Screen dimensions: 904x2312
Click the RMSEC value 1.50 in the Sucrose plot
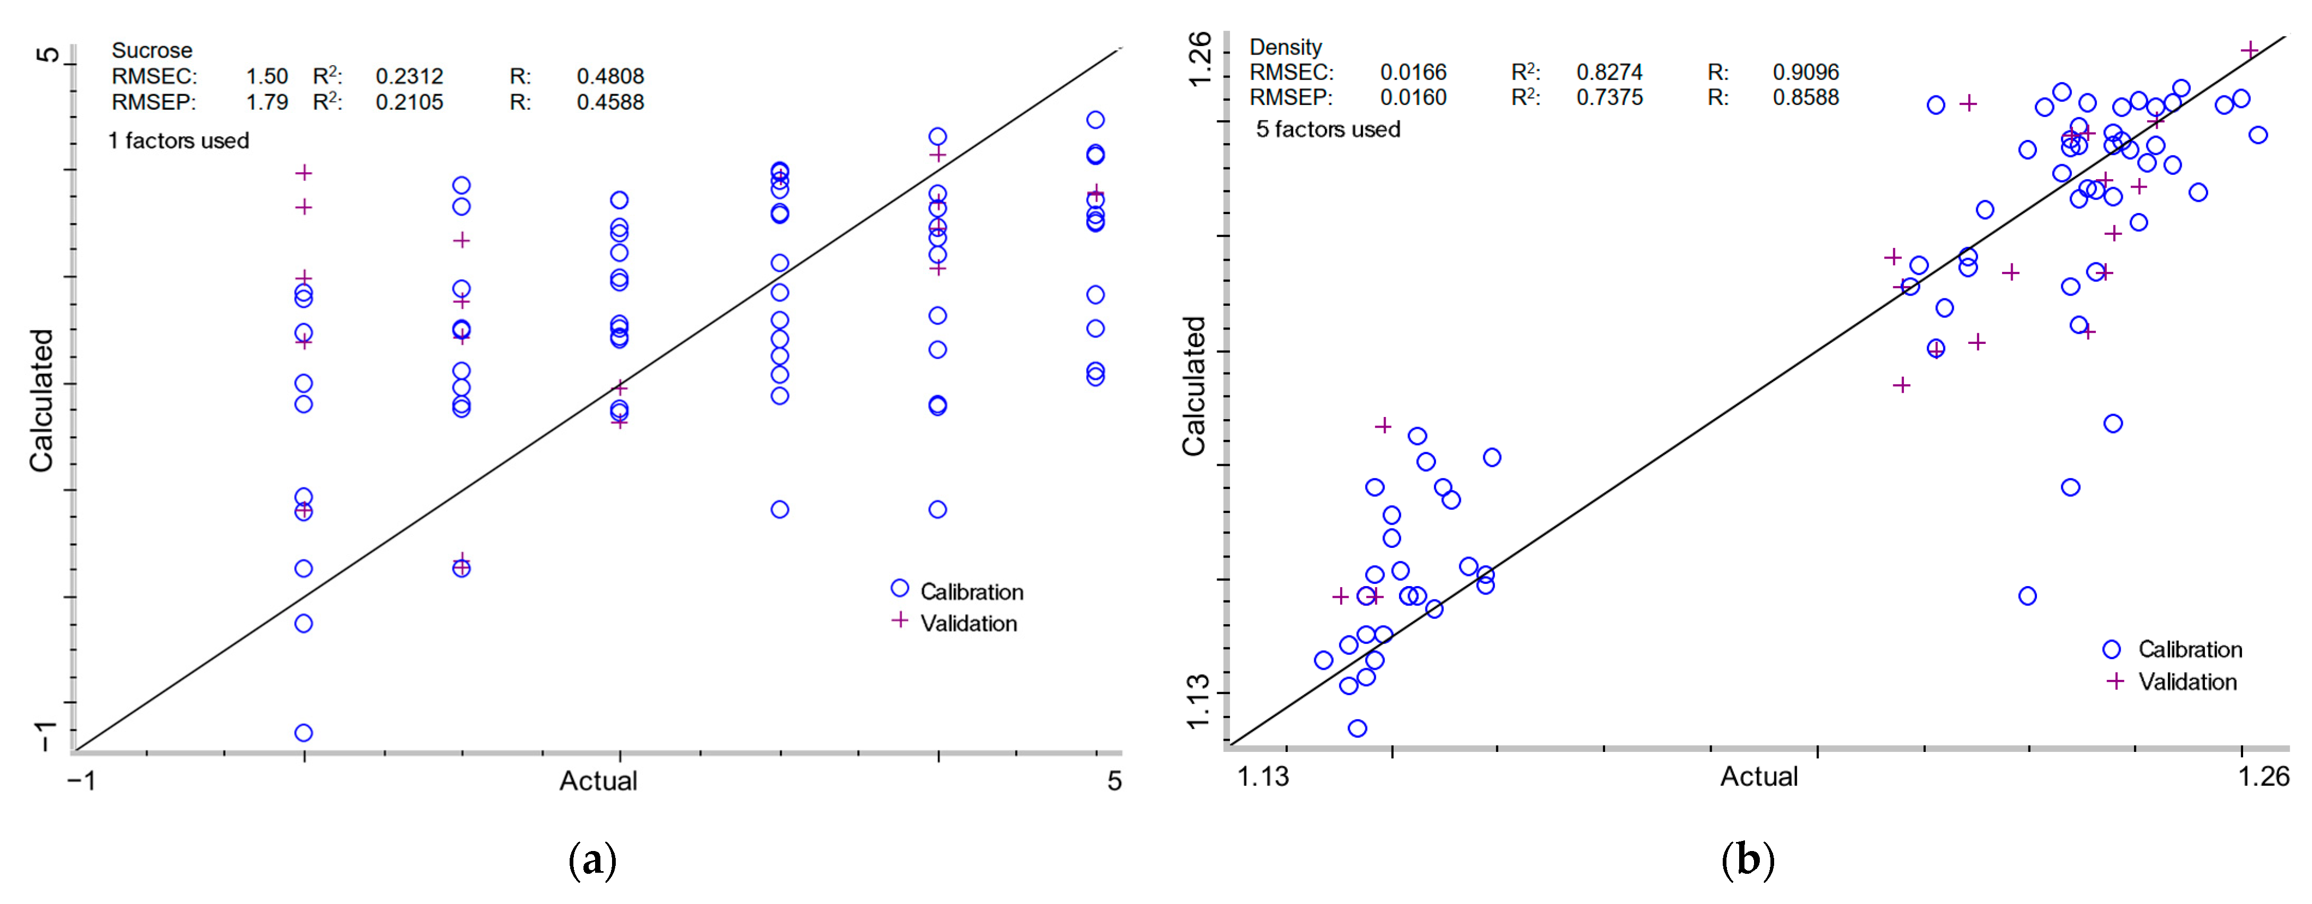click(x=267, y=76)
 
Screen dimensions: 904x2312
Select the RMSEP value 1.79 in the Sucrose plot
click(x=267, y=102)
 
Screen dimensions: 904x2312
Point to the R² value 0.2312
click(x=409, y=76)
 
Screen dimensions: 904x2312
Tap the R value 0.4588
click(x=610, y=102)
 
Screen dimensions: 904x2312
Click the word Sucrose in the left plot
click(x=152, y=50)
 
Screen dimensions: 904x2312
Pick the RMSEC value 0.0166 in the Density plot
click(x=1413, y=72)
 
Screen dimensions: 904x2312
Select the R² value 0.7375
click(x=1609, y=97)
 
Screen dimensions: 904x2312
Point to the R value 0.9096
click(x=1805, y=72)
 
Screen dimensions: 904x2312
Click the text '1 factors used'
click(x=179, y=141)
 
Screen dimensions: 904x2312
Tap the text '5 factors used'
click(x=1327, y=129)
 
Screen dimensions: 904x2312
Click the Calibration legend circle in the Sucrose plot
click(x=899, y=588)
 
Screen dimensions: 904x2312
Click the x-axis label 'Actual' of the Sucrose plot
click(x=598, y=781)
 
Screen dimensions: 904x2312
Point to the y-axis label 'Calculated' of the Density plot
click(x=1194, y=386)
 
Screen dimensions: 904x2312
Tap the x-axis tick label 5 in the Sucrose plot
click(x=1114, y=781)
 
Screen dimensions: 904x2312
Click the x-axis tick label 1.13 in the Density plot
click(x=1263, y=776)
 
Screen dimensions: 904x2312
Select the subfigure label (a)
click(x=592, y=860)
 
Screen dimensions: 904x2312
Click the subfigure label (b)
click(x=1747, y=860)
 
